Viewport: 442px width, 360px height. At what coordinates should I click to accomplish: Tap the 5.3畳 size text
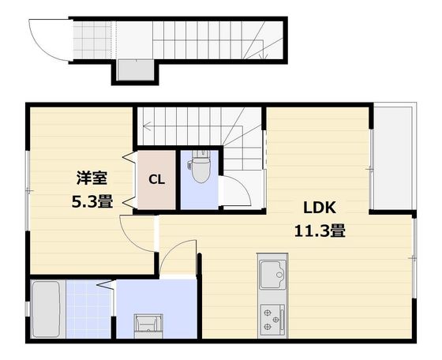(x=91, y=201)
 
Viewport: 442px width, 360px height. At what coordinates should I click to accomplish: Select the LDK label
(x=320, y=208)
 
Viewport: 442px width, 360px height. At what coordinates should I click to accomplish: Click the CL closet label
(x=156, y=180)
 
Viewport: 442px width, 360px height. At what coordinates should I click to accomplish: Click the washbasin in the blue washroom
(x=147, y=324)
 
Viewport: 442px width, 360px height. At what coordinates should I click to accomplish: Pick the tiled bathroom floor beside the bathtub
(x=90, y=308)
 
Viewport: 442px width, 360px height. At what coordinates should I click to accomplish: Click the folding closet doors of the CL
(x=133, y=180)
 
